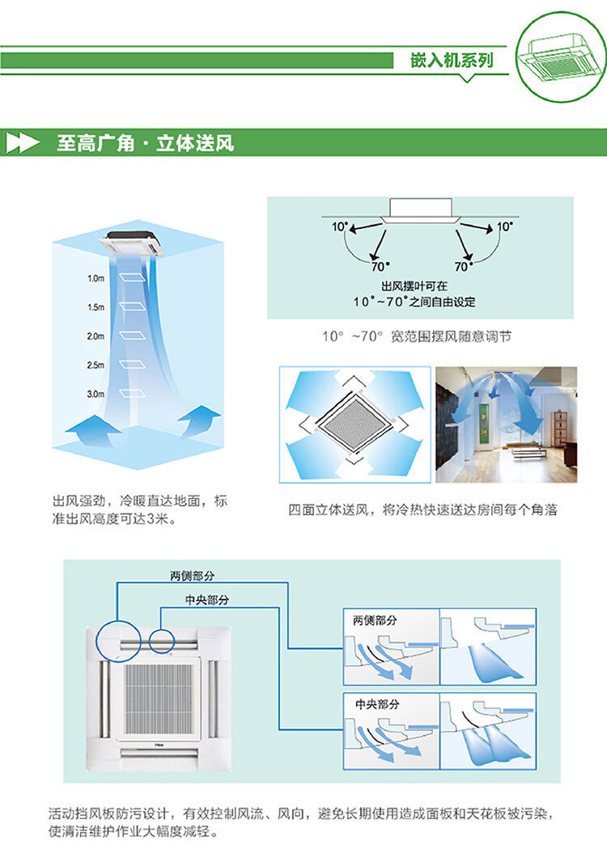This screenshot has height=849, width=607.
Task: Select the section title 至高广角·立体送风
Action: coord(145,144)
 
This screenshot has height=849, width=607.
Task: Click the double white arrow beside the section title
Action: coord(23,144)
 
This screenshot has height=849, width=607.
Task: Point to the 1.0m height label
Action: coord(96,278)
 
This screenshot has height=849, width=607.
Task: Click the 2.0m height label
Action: coord(96,336)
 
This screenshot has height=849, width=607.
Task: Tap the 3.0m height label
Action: coord(96,394)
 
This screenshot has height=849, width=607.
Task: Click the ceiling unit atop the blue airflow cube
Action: coord(132,242)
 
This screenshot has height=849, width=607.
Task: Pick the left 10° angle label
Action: coord(339,227)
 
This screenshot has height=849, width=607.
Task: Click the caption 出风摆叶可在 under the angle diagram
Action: coord(414,286)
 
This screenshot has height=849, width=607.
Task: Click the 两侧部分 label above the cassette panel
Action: coord(192,576)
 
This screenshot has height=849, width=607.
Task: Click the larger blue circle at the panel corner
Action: coord(117,644)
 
